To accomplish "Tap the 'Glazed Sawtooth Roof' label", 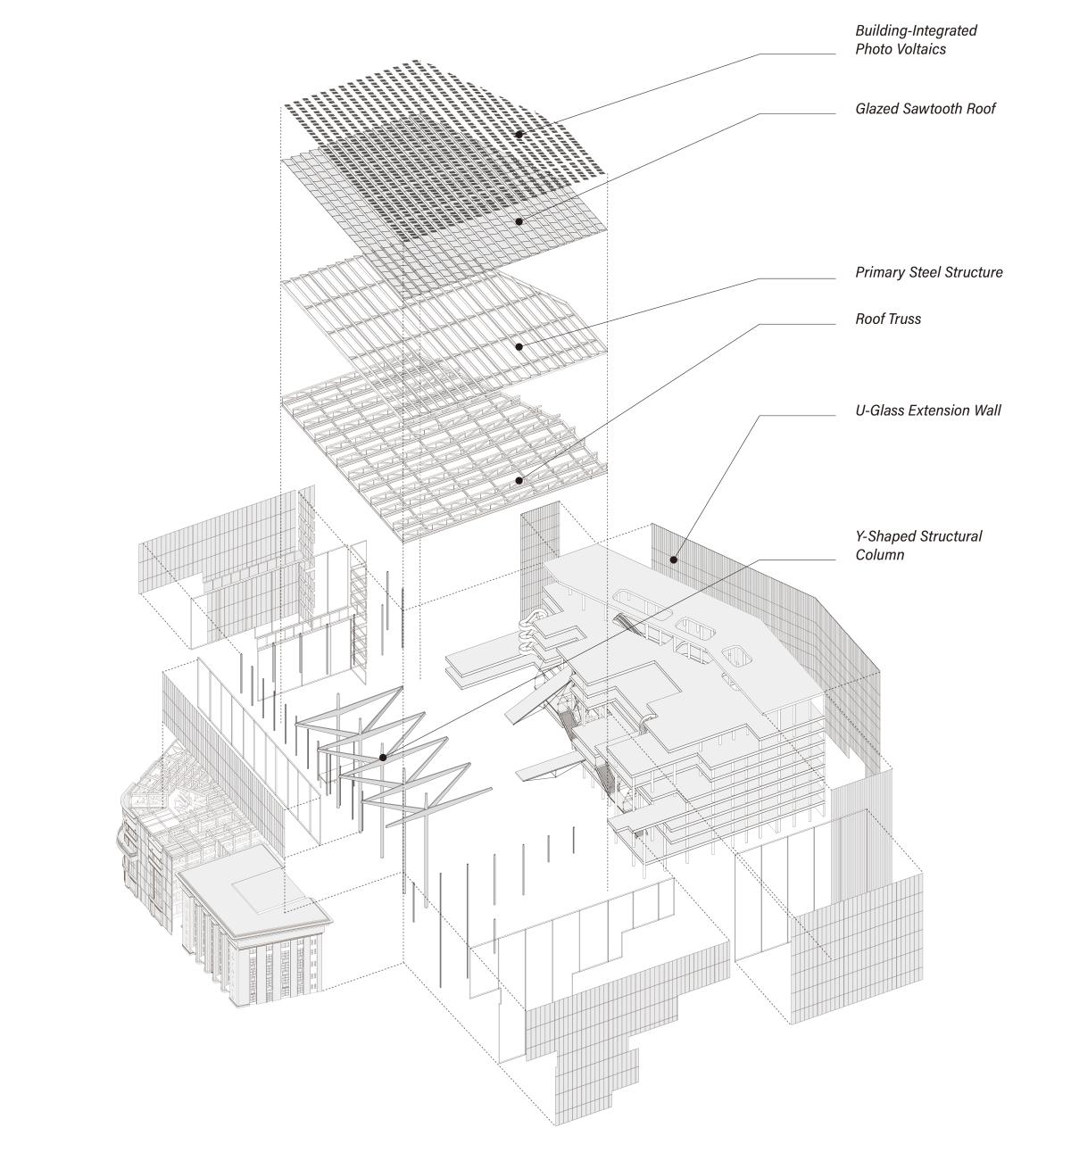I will [925, 109].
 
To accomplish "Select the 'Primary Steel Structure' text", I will [928, 272].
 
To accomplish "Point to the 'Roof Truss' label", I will [888, 319].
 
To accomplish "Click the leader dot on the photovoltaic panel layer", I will [519, 135].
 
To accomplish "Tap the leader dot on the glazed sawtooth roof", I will [519, 220].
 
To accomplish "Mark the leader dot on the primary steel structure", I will [519, 345].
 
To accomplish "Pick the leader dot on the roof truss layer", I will [519, 481].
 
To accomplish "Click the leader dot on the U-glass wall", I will [674, 560].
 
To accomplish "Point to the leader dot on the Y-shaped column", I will [383, 758].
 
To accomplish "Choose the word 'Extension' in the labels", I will [938, 411].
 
